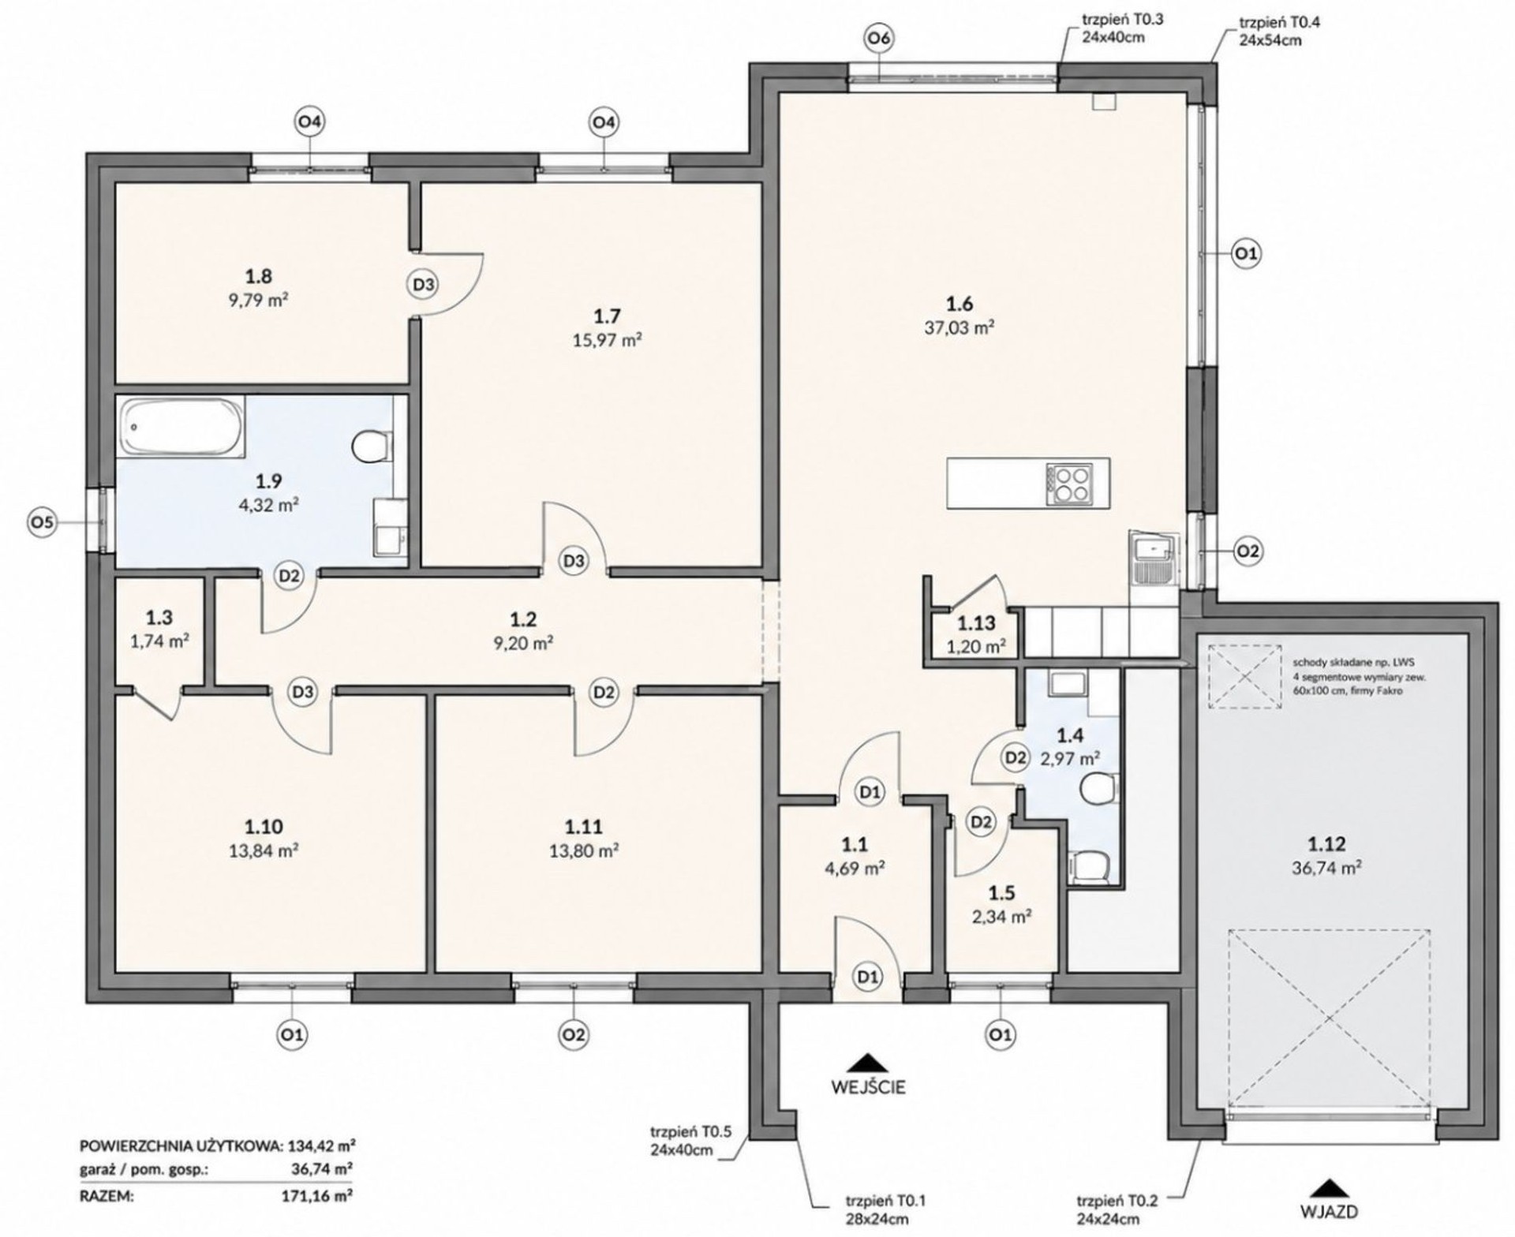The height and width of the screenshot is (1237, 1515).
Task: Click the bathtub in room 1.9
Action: [x=181, y=426]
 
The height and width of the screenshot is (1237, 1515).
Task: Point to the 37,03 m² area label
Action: [x=959, y=327]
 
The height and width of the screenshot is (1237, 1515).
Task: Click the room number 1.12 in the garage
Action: [x=1326, y=845]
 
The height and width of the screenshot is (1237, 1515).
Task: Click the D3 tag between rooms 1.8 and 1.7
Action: [x=424, y=284]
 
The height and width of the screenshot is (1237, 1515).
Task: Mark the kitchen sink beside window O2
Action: [x=1153, y=560]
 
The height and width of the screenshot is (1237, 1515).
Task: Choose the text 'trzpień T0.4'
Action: [x=1280, y=23]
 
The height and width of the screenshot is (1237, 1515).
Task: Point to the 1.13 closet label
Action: [x=976, y=623]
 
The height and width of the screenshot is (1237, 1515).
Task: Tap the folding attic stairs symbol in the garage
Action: [x=1244, y=676]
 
